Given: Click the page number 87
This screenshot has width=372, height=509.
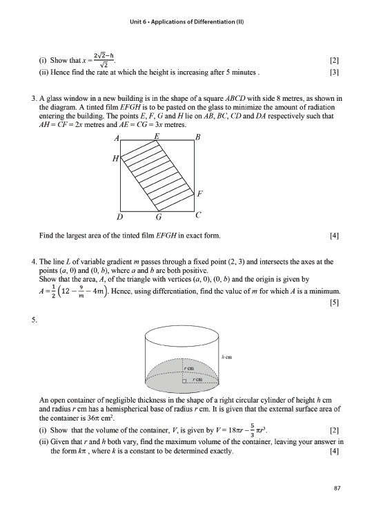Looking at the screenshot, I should pyautogui.click(x=337, y=488).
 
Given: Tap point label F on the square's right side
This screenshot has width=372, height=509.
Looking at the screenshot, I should pyautogui.click(x=200, y=193).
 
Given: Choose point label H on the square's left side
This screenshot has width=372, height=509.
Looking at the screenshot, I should pyautogui.click(x=115, y=160).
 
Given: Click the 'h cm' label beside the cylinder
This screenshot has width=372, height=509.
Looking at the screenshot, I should pyautogui.click(x=226, y=356).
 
